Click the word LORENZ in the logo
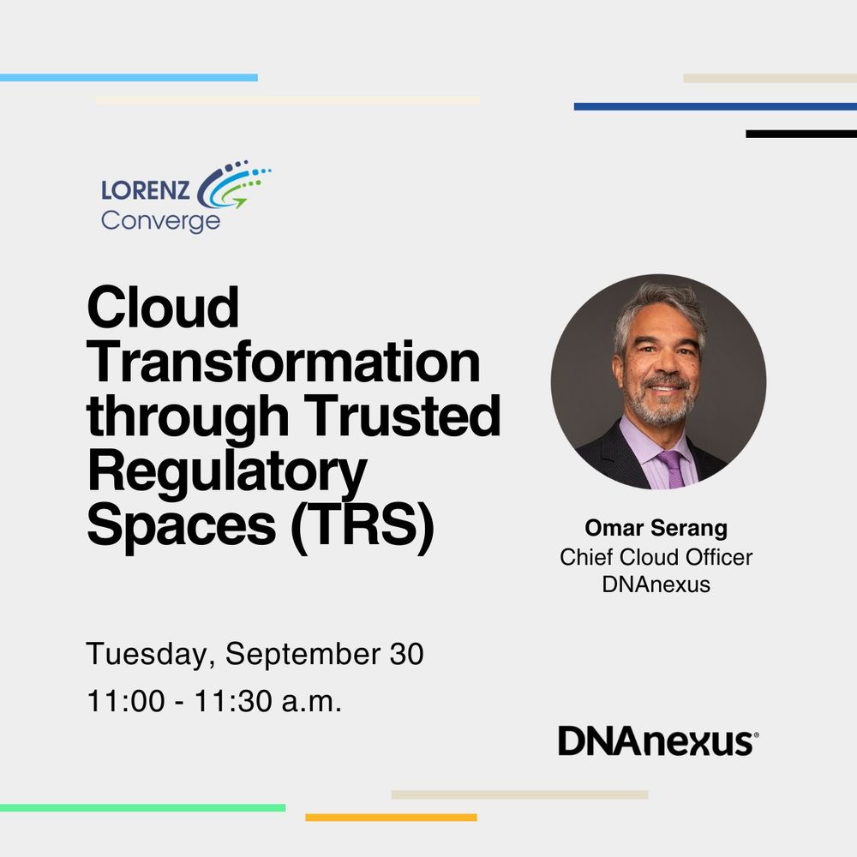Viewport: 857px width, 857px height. coord(146,190)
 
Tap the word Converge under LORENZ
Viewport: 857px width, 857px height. coord(161,221)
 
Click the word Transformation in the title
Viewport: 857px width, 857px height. coord(284,362)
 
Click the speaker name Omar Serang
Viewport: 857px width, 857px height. coord(656,528)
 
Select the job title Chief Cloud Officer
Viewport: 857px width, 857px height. coord(656,558)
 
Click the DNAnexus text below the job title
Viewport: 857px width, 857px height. coord(656,584)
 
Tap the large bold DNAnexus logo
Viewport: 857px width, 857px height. coord(657,740)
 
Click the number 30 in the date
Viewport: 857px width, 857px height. coord(406,654)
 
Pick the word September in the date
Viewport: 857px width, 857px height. coord(303,655)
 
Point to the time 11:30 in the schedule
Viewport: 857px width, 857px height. coord(233,701)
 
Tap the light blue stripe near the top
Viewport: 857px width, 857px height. coord(129,78)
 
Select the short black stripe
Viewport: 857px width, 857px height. coord(801,134)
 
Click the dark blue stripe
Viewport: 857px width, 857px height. coord(716,106)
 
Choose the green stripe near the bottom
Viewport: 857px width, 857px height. coord(142,808)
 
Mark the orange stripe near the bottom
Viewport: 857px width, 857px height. coord(392,818)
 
